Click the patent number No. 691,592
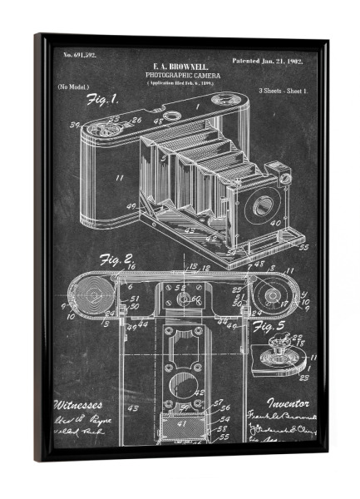pyautogui.click(x=80, y=55)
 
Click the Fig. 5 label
pyautogui.click(x=270, y=325)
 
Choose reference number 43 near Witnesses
pyautogui.click(x=132, y=408)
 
